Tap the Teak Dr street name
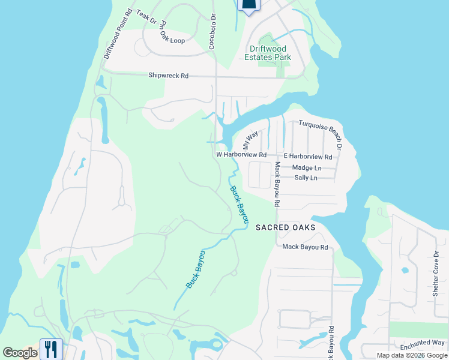[146, 17]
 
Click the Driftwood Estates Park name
[268, 53]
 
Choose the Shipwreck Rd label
[169, 76]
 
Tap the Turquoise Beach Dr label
[321, 134]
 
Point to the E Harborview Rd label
[308, 157]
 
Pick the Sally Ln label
[306, 178]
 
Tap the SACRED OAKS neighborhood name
[286, 227]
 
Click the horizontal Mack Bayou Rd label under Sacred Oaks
[305, 247]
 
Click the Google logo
[20, 353]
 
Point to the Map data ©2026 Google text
[411, 355]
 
